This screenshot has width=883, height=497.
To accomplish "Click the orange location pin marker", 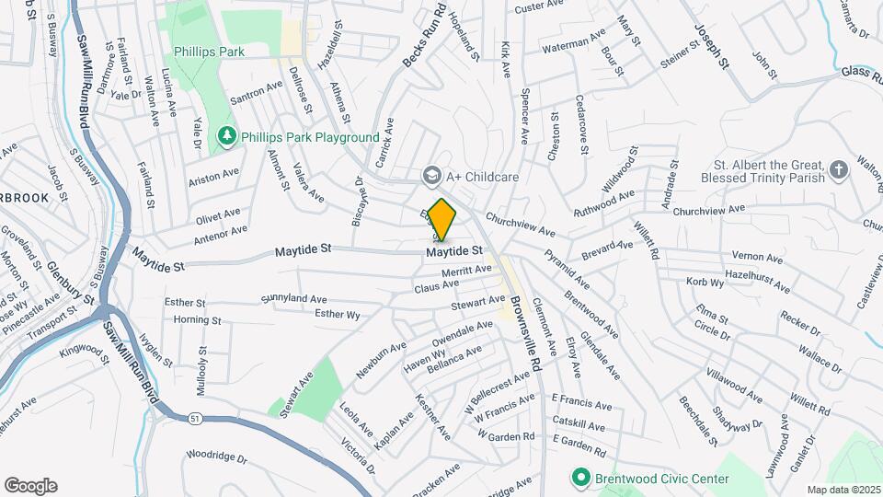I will pos(442,219).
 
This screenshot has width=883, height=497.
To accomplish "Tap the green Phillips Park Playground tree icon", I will pos(227,137).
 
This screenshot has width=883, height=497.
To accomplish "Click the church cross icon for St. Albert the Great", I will pos(837,169).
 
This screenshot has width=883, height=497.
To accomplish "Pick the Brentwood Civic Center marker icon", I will pos(580,478).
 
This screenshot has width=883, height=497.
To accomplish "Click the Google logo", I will pos(30,485).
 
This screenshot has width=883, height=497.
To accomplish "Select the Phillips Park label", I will pos(210,52).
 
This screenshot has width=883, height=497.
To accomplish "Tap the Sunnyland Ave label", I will pos(293,299).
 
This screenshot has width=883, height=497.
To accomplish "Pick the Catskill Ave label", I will pos(578,426).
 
